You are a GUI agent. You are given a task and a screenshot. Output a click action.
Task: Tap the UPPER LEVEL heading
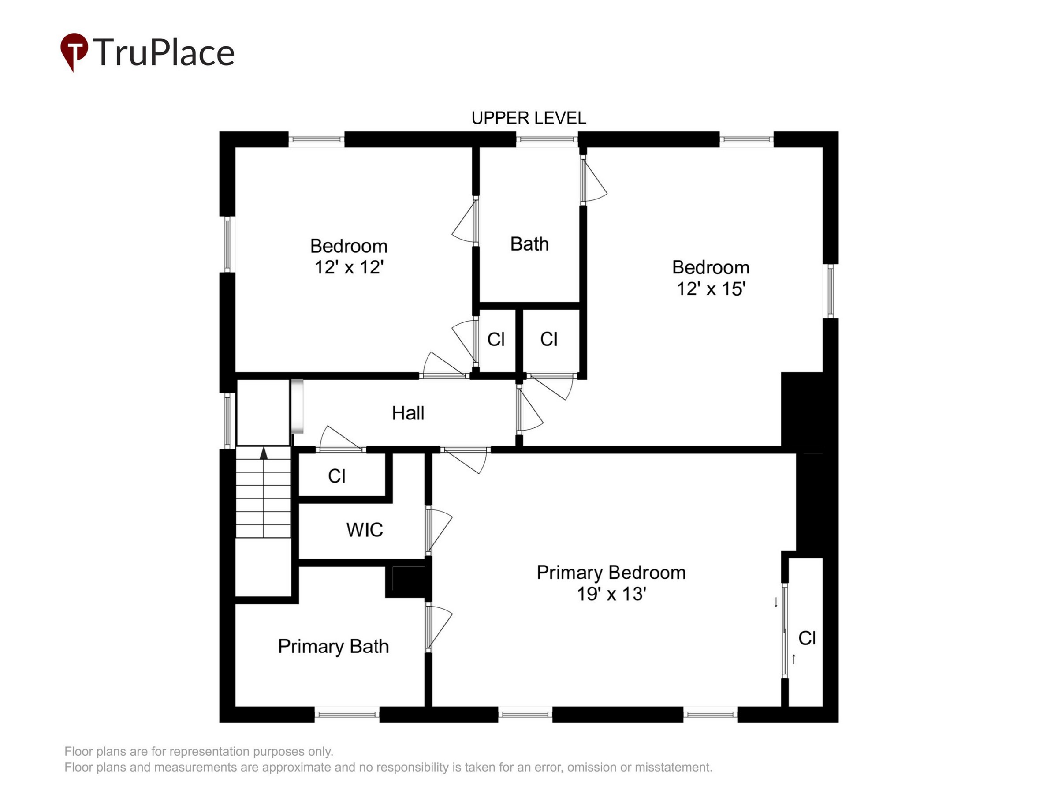click(529, 118)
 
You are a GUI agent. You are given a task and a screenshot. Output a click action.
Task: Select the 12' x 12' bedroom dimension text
click(349, 267)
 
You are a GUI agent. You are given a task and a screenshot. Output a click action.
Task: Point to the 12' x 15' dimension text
click(711, 288)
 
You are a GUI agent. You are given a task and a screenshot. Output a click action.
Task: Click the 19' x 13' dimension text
click(611, 594)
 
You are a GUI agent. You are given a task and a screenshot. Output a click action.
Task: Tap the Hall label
click(408, 413)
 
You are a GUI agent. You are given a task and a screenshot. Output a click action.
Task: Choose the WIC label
click(365, 530)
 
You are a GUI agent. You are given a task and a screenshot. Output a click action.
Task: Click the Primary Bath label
click(333, 647)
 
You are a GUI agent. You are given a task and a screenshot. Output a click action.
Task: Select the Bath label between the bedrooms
click(529, 244)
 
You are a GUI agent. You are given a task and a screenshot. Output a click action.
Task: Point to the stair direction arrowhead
click(264, 453)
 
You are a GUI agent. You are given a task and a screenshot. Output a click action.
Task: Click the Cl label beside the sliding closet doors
click(807, 638)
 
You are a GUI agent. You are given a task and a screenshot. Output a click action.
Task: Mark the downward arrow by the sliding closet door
click(776, 602)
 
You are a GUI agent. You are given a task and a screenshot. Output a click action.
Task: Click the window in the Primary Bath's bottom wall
click(347, 715)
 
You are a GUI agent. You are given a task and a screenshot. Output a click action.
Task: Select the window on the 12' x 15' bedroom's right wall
click(831, 291)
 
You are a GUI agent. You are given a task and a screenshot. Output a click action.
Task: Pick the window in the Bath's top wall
click(547, 139)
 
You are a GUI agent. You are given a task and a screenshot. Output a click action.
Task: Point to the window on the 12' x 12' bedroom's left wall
click(227, 244)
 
